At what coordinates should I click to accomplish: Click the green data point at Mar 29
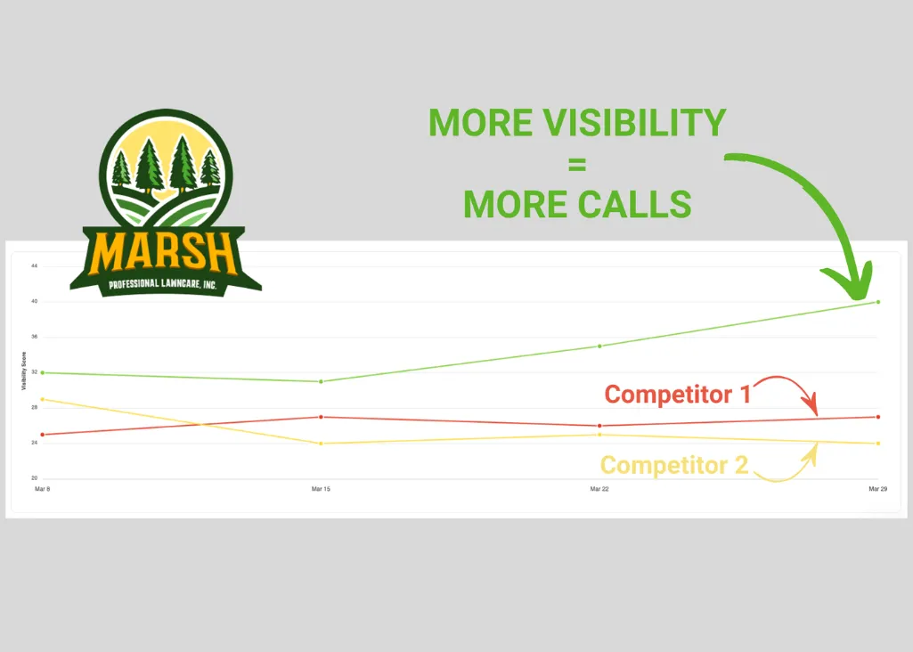tap(878, 302)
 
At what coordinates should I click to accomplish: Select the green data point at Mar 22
tap(599, 346)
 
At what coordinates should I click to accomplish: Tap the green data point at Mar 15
tap(321, 381)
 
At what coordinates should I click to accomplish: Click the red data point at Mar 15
tap(321, 417)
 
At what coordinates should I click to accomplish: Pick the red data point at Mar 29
tap(878, 417)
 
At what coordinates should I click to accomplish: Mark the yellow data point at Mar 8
tap(43, 399)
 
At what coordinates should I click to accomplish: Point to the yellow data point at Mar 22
tap(599, 434)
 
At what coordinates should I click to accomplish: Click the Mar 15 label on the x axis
tap(321, 489)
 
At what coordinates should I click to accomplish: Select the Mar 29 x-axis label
tap(878, 489)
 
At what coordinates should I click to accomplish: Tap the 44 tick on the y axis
tap(34, 265)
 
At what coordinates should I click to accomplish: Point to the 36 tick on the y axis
tap(34, 337)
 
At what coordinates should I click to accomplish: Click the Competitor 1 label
tap(677, 394)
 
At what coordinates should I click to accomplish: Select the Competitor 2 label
tap(673, 464)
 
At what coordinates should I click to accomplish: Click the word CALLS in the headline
tap(633, 205)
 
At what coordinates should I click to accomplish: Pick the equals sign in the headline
tap(576, 164)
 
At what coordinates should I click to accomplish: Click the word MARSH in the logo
tap(166, 254)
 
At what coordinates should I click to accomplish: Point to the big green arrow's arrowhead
tap(857, 283)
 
